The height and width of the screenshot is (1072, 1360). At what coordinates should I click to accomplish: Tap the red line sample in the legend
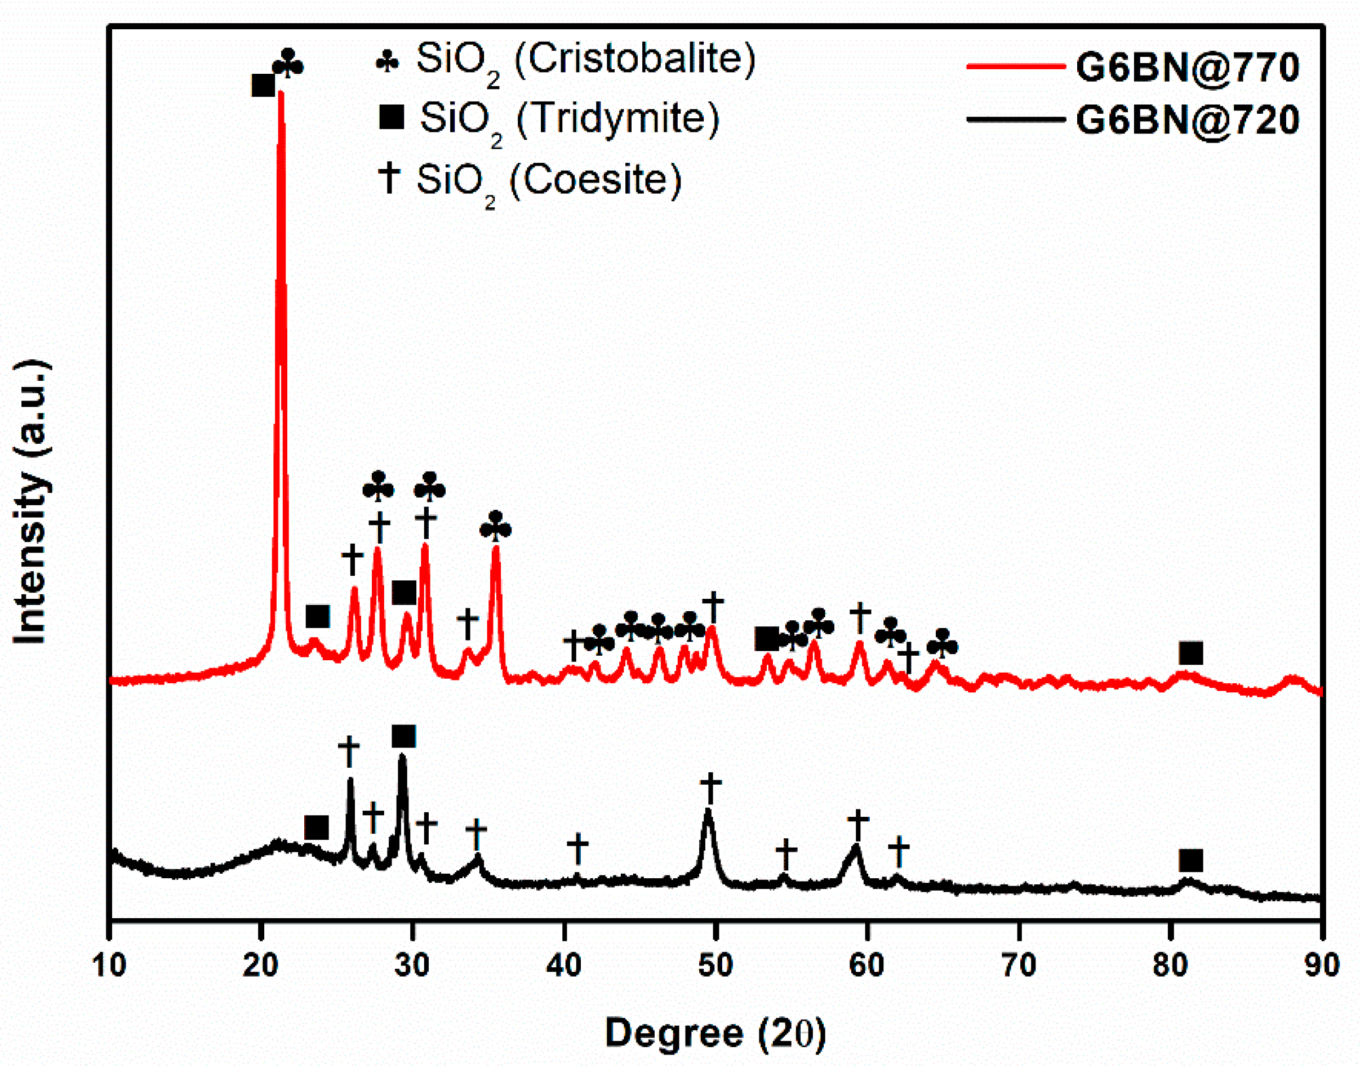click(x=1015, y=66)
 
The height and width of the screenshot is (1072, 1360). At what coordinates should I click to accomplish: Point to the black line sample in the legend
click(x=1015, y=119)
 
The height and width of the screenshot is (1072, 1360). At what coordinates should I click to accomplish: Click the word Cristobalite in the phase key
click(x=634, y=60)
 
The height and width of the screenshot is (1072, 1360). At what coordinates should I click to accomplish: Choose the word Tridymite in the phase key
click(x=617, y=119)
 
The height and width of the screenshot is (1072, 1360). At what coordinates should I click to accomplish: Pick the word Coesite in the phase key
click(x=595, y=180)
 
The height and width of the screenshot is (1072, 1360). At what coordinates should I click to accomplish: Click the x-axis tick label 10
click(x=109, y=964)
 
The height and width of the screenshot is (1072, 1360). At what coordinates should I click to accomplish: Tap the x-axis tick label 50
click(x=715, y=964)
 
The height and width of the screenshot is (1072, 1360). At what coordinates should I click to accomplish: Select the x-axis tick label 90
click(x=1322, y=964)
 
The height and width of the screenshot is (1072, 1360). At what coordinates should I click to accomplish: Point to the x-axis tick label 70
click(x=1019, y=964)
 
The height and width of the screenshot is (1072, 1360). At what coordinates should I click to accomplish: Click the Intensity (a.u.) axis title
click(x=32, y=502)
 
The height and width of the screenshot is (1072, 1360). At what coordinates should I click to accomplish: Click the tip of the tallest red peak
click(x=281, y=93)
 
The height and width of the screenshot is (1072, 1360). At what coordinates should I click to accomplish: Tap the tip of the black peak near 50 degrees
click(x=709, y=811)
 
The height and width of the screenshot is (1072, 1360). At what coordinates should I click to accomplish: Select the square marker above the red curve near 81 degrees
click(x=1190, y=653)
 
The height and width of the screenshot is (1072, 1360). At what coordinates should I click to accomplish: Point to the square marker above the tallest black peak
click(x=403, y=736)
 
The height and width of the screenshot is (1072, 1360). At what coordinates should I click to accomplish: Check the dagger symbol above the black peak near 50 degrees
click(x=710, y=788)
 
